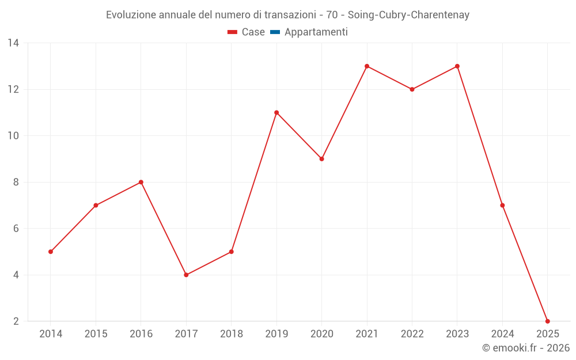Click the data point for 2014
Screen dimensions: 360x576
click(51, 252)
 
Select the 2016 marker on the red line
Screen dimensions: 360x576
click(141, 182)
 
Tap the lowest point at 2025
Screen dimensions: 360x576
click(547, 321)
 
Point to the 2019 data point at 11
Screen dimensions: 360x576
click(276, 112)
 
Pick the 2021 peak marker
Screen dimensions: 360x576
click(367, 66)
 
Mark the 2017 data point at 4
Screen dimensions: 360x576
click(186, 275)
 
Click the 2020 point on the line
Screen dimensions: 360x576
click(321, 159)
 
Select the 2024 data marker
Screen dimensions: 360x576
click(502, 205)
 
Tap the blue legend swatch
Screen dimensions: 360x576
click(275, 32)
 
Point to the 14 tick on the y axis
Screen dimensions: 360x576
click(13, 43)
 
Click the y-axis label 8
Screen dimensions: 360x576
click(16, 182)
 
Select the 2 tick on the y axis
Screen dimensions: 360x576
click(16, 321)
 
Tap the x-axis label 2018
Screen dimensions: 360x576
click(231, 334)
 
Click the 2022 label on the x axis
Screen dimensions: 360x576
click(412, 334)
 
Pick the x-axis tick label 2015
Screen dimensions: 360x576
click(96, 334)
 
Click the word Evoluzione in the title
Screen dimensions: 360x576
click(127, 15)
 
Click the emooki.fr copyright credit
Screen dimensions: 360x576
click(526, 348)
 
